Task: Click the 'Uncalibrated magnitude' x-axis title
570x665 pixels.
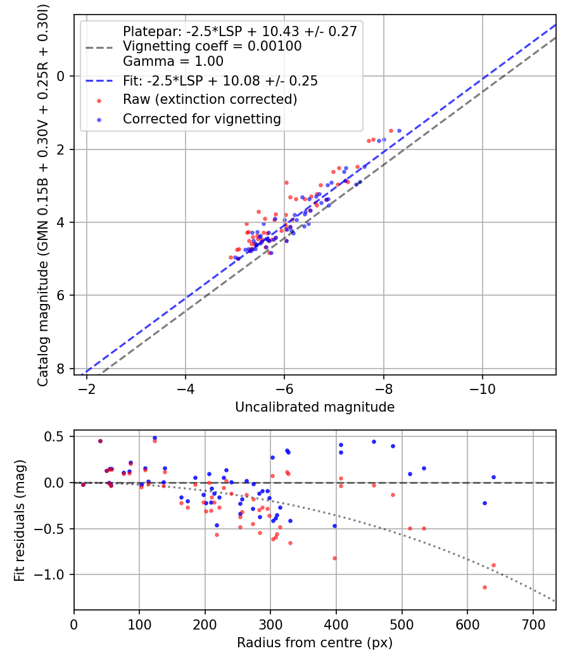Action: (315, 407)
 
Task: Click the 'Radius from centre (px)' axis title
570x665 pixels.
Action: (315, 643)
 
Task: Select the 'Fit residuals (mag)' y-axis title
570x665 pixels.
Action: (20, 520)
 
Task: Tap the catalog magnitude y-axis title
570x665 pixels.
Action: (43, 194)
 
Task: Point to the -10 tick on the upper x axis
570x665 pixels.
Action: (483, 386)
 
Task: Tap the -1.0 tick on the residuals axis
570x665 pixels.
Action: (54, 575)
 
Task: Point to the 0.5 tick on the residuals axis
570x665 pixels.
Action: (58, 436)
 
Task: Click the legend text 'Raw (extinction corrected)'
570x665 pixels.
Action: (210, 99)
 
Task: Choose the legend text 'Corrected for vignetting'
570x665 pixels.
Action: (201, 118)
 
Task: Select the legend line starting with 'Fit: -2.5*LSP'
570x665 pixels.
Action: (220, 81)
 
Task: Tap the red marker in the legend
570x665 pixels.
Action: (99, 100)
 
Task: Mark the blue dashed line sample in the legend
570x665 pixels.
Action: (99, 81)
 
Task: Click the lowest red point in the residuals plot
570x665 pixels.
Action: (484, 587)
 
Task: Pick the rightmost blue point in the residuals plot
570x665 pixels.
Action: (493, 477)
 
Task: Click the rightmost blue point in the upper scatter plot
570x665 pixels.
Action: (399, 131)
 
